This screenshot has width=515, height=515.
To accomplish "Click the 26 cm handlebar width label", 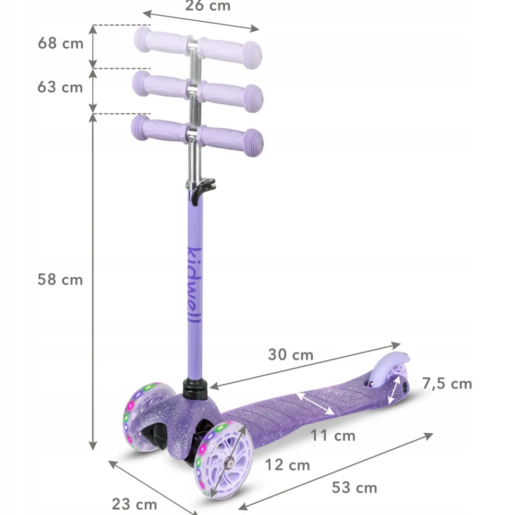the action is tap(208, 6).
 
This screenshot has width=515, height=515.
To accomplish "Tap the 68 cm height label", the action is tap(61, 44).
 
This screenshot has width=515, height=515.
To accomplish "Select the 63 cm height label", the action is tap(60, 87).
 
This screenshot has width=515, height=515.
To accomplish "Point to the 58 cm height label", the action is tap(60, 279).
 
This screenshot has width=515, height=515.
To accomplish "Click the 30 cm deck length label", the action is tap(290, 355).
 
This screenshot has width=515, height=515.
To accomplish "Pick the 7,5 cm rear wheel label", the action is tap(447, 384).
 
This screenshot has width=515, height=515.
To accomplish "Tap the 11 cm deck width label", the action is tap(333, 436).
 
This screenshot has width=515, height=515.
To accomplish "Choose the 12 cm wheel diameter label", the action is tap(287, 465).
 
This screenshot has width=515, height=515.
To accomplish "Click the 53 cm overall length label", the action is tap(354, 488).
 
